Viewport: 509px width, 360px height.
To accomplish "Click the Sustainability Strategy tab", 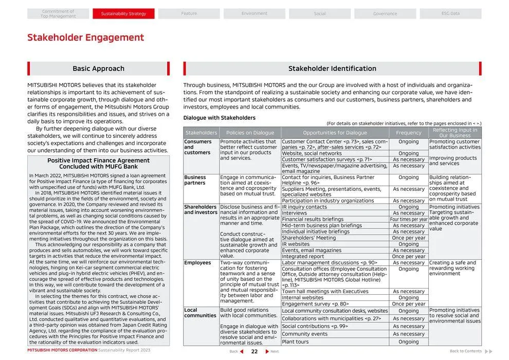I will [123, 14].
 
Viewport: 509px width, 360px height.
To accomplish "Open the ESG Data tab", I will [450, 14].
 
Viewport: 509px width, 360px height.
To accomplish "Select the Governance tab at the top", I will [385, 14].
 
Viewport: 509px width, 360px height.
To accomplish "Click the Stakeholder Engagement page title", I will [85, 38].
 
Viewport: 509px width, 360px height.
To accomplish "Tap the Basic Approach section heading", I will [98, 68].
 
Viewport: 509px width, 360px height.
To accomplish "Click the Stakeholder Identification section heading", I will [332, 68].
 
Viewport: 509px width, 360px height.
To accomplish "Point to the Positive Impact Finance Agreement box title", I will [98, 164].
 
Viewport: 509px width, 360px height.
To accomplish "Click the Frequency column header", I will [409, 133].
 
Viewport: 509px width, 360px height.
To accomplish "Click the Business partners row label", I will [195, 180].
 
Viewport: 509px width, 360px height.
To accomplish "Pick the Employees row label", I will [197, 263].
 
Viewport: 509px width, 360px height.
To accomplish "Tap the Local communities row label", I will [200, 313].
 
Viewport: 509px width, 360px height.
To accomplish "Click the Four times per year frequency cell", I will [409, 220].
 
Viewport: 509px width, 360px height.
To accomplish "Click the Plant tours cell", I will [295, 342].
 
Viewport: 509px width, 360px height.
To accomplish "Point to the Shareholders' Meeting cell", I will [308, 238].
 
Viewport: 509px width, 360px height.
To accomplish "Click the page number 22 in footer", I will [254, 352].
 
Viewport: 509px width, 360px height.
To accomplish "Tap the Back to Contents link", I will [466, 351].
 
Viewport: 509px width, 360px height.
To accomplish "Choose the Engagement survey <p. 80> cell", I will [315, 304].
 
